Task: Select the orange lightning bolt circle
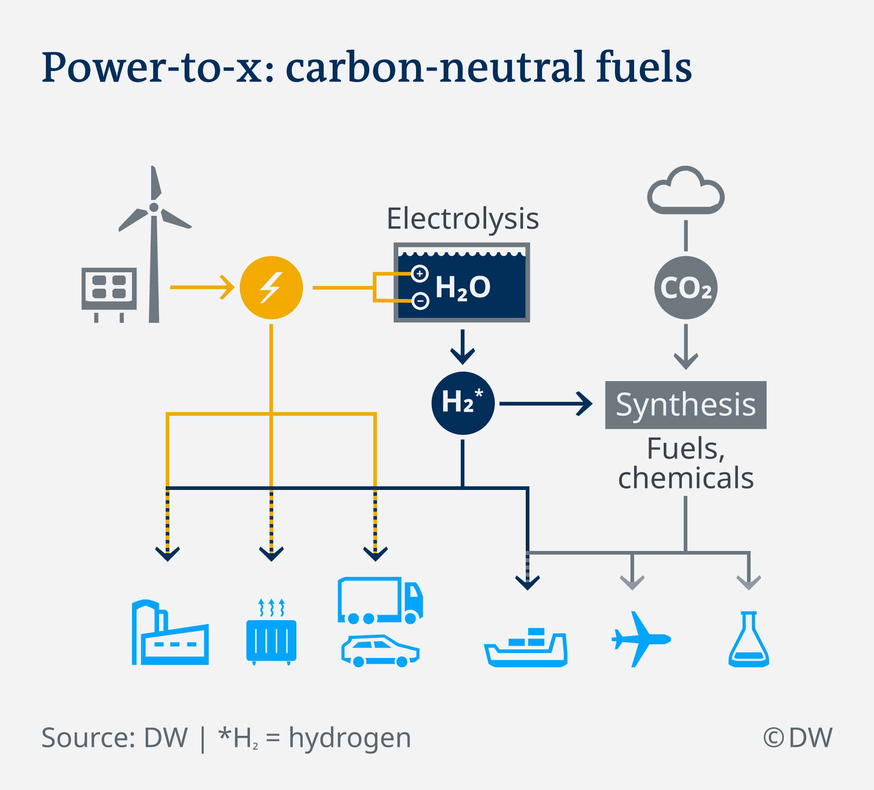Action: (x=271, y=287)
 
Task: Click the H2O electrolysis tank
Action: (x=462, y=283)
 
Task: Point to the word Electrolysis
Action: (x=462, y=219)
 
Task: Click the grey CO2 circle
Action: (x=686, y=287)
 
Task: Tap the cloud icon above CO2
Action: (x=686, y=192)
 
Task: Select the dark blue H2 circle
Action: (x=462, y=403)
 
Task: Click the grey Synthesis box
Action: (x=686, y=405)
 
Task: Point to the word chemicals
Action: (x=686, y=478)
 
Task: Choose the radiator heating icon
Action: (x=271, y=635)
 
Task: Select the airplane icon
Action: (x=640, y=639)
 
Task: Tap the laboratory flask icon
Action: (x=748, y=640)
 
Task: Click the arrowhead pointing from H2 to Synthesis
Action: (x=585, y=403)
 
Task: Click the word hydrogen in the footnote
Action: (x=350, y=738)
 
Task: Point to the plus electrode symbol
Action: (x=420, y=274)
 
